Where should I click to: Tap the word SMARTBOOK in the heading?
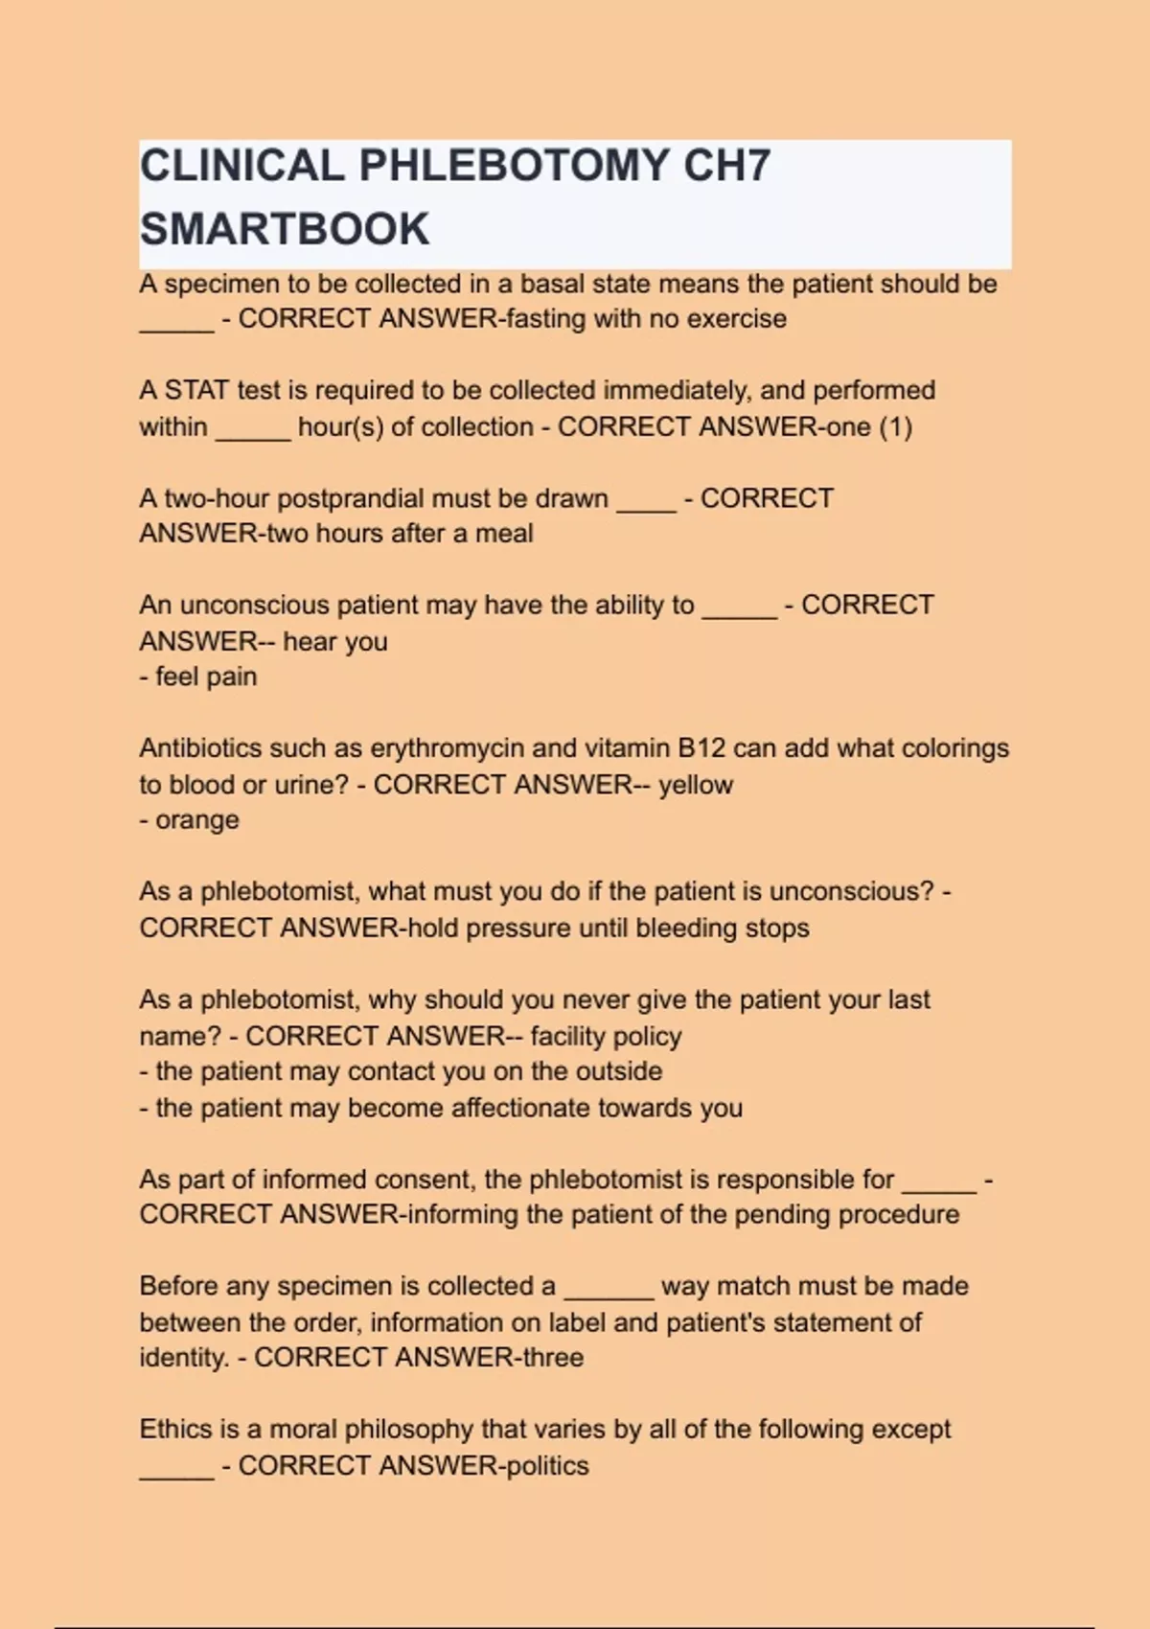(285, 230)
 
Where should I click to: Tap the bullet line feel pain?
(198, 677)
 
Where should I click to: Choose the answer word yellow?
(696, 785)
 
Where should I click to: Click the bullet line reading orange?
(190, 820)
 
